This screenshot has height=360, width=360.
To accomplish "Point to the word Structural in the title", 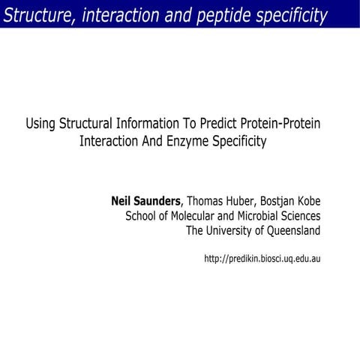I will click(87, 124).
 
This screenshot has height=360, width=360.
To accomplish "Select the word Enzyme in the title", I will click(177, 142).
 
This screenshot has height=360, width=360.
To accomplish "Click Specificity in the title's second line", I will click(233, 142).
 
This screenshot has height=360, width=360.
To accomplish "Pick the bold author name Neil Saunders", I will click(145, 201).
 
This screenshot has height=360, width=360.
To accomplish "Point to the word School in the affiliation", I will click(142, 216).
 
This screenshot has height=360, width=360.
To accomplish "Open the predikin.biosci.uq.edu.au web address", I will click(262, 259).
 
